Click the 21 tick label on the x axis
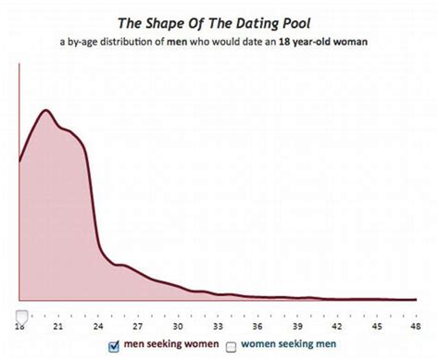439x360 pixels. tap(57, 327)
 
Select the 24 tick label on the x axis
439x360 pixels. tap(97, 327)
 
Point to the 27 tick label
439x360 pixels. tap(137, 327)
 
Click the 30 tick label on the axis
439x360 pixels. tap(176, 327)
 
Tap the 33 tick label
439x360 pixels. tap(216, 327)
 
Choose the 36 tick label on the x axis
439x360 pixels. tap(256, 327)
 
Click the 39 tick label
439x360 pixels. tap(295, 327)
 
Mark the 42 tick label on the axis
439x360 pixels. tap(335, 327)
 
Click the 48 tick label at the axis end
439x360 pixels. tap(413, 327)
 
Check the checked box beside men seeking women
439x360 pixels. tap(114, 346)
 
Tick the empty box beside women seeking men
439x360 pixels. tap(232, 346)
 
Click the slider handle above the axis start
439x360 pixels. tap(21, 316)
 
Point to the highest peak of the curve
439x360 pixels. tap(45, 110)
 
